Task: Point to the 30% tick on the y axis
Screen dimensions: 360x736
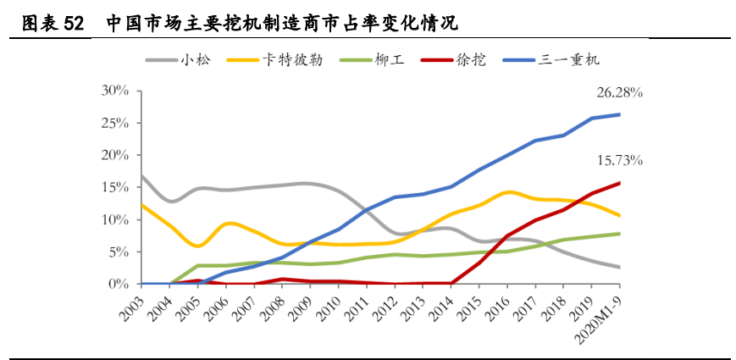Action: coord(114,91)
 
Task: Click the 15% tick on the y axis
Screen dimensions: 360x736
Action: coord(114,187)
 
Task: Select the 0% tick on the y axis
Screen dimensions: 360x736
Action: coord(118,284)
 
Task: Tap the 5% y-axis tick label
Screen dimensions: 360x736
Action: coord(118,252)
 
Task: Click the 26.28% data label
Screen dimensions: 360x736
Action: coord(620,92)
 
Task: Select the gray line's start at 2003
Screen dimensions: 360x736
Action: coord(141,176)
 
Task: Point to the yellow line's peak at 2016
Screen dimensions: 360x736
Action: coord(507,192)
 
